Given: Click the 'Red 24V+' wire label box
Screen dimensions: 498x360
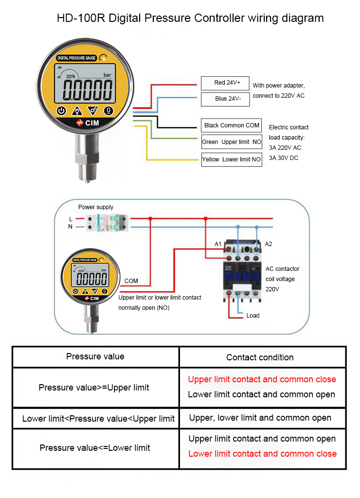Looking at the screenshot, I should (225, 83).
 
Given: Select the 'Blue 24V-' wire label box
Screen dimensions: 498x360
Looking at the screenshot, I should (225, 99).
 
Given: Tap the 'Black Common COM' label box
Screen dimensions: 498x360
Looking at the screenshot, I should (232, 125).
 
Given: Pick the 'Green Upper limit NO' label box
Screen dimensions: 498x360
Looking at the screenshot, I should (232, 142).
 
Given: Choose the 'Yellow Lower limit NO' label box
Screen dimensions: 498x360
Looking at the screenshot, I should (232, 159).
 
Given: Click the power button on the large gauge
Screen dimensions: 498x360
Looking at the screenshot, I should (61, 110).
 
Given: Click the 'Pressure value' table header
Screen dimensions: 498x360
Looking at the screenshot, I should (95, 356).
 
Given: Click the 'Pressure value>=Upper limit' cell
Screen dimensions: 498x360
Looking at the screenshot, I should (94, 388).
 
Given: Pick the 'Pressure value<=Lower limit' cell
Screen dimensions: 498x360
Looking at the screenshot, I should (95, 447).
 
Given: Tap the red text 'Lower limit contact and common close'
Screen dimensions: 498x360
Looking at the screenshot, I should (262, 454).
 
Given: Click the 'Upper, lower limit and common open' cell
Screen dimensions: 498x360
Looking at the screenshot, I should (260, 418).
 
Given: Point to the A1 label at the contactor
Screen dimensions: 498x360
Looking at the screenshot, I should (218, 244).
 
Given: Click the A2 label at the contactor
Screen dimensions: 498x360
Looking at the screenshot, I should (268, 244).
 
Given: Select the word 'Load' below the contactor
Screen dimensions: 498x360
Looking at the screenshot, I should (253, 316).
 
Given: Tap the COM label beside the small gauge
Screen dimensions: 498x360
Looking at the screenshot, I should (131, 281).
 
